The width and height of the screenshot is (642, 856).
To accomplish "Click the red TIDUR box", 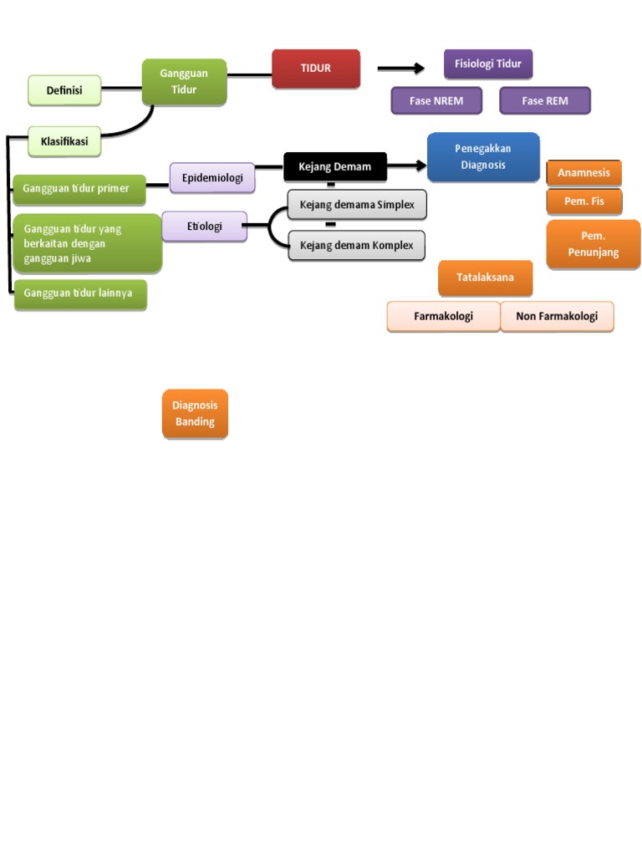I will [316, 69].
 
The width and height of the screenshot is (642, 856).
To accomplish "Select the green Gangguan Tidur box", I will [184, 82].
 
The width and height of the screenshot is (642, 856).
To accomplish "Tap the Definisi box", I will [64, 90].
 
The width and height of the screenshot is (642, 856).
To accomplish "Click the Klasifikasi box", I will [64, 141].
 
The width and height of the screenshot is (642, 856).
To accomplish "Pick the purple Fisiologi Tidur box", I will [487, 64].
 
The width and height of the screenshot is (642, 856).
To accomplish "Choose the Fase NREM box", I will [436, 101].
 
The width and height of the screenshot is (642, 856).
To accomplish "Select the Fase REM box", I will [545, 101].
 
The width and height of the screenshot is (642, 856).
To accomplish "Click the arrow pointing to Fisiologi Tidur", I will [401, 69].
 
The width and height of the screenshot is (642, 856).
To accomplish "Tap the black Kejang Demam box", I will [334, 166].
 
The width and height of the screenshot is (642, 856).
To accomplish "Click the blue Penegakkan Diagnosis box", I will [483, 157].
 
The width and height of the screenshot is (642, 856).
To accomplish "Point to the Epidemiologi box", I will [212, 177].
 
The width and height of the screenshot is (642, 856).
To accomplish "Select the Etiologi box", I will [204, 226].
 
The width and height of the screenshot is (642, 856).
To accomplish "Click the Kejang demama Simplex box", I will [357, 205].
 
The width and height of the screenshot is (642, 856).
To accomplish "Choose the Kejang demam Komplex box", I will [357, 246].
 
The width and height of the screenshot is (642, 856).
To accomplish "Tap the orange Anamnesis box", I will [583, 173].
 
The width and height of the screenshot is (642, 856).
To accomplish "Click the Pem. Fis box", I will [583, 201].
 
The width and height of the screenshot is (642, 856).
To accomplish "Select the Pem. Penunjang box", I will [593, 244].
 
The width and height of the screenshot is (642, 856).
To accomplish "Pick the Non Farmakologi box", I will [557, 317].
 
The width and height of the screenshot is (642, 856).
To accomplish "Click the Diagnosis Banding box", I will [195, 414].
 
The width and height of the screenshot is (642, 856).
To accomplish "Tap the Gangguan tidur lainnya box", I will [79, 293].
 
